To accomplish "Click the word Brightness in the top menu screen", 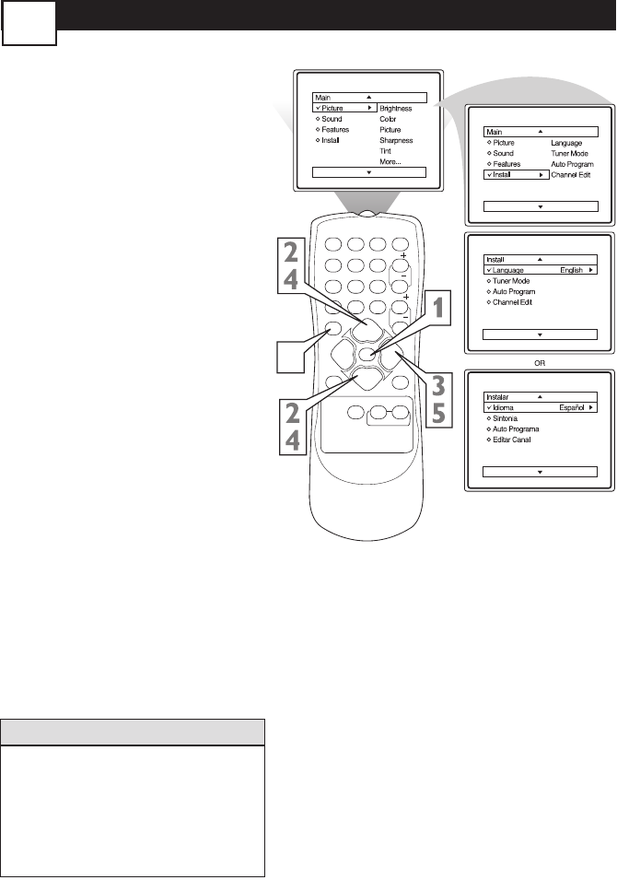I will click(x=395, y=109).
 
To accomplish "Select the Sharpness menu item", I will click(x=396, y=140).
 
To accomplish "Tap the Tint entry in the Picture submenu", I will click(x=386, y=150).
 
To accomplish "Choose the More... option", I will click(x=391, y=161).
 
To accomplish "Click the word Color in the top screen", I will click(x=389, y=119).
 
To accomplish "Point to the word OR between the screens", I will click(x=541, y=362).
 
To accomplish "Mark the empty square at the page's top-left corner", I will click(x=29, y=23).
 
